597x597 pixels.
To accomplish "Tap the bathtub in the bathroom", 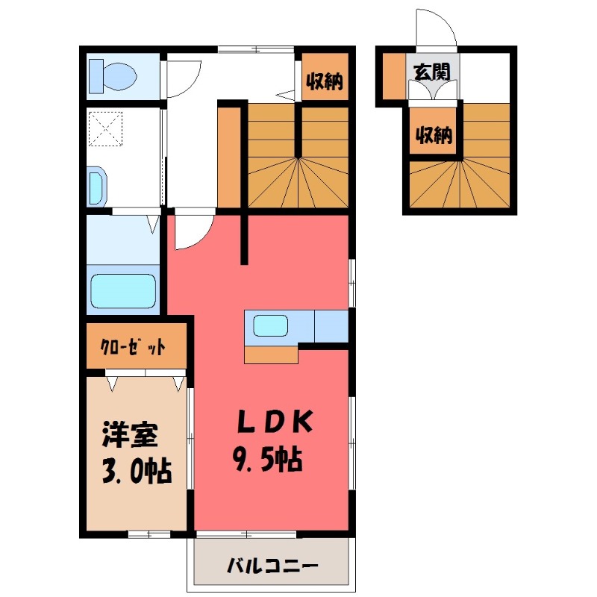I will point(123,291).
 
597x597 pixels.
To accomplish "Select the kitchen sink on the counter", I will point(270,325).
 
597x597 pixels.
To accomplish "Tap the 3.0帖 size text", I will point(136,471).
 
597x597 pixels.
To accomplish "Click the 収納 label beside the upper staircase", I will point(325,81).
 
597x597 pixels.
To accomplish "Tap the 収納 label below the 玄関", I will point(434,136).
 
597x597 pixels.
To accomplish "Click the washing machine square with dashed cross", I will point(106,128).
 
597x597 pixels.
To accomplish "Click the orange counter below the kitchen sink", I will point(270,354).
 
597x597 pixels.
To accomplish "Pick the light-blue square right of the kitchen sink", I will point(331,325).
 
